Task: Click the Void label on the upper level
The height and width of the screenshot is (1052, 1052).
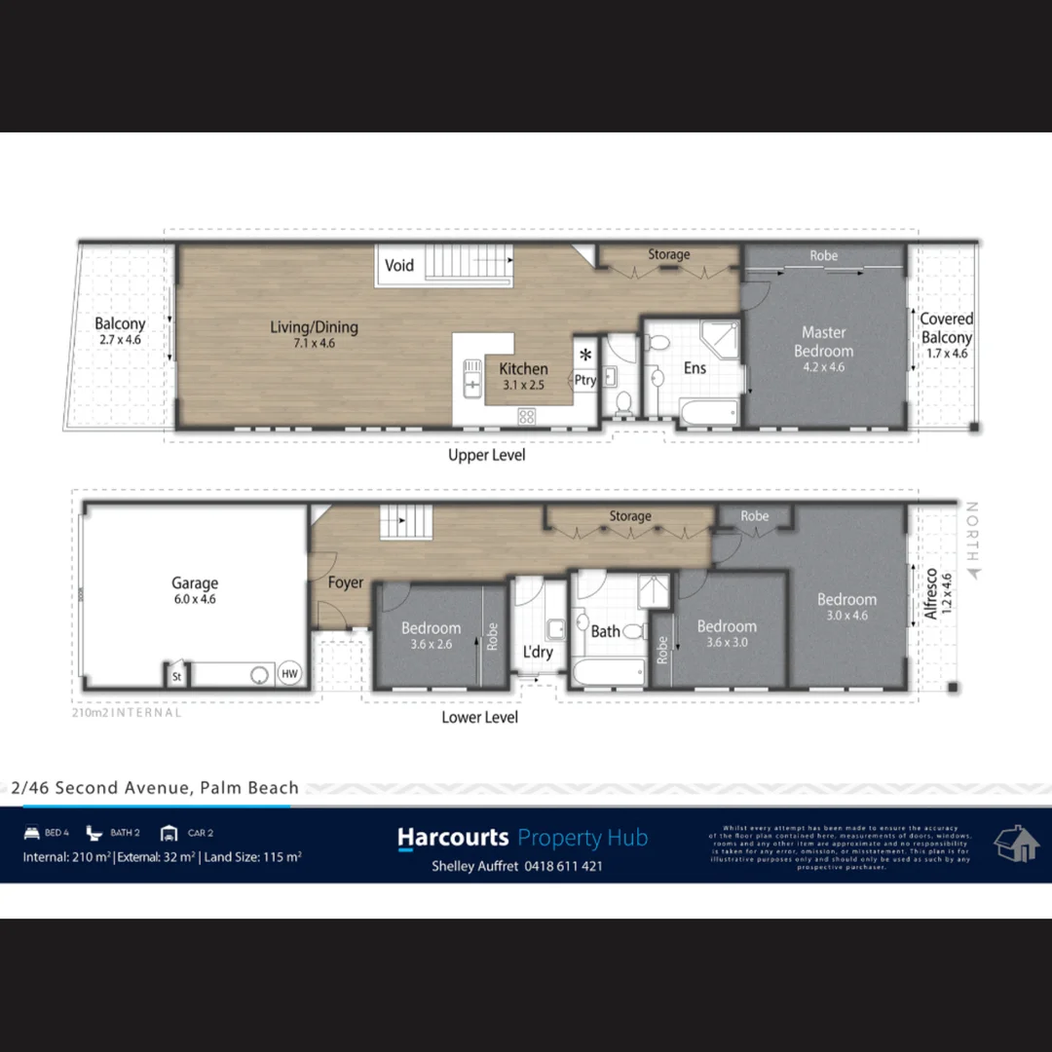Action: tap(399, 265)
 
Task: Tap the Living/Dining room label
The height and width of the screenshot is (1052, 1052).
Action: tap(314, 327)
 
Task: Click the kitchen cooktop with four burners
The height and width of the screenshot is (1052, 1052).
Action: tap(526, 416)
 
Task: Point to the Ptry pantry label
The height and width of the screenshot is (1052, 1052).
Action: tap(584, 381)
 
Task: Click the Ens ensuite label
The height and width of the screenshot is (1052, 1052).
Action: tap(695, 368)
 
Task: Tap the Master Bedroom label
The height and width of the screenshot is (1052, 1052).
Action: tap(823, 342)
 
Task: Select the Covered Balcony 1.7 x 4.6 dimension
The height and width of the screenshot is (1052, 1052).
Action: tap(946, 354)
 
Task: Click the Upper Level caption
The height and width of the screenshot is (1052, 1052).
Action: tap(486, 455)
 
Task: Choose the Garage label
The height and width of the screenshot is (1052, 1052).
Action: tap(195, 583)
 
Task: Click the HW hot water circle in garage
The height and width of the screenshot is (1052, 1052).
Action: tap(289, 674)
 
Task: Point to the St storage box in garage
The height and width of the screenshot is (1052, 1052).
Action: tap(177, 675)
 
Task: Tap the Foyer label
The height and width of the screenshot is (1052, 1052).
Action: tap(345, 582)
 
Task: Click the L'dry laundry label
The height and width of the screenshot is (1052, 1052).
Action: tap(538, 652)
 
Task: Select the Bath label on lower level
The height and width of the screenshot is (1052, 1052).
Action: tap(605, 631)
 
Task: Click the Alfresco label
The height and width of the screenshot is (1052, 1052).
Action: tap(931, 595)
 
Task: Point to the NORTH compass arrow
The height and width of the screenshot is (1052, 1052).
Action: tap(970, 574)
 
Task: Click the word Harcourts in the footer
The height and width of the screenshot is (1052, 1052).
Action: tap(453, 838)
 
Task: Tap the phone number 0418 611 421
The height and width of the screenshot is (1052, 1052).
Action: tap(563, 866)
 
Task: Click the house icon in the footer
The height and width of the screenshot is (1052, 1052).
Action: tap(1015, 844)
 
